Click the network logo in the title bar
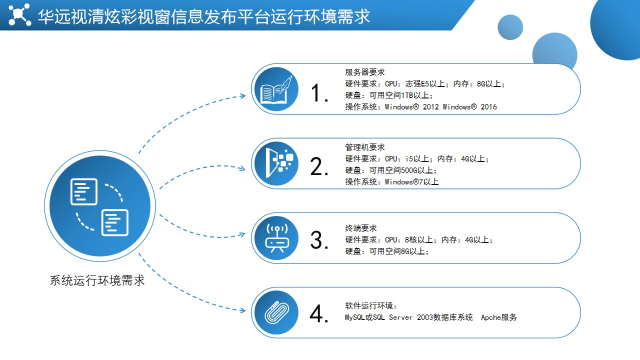19,14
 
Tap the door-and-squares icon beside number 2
279,163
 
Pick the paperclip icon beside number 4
276,312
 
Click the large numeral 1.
319,93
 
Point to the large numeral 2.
319,166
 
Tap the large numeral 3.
319,240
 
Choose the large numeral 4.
319,313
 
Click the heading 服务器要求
365,72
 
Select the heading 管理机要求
365,147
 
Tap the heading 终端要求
361,228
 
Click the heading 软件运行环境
371,305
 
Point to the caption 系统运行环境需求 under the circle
97,280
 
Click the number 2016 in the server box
488,107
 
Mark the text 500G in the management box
409,170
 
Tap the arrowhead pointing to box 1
243,95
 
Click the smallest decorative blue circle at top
510,27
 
